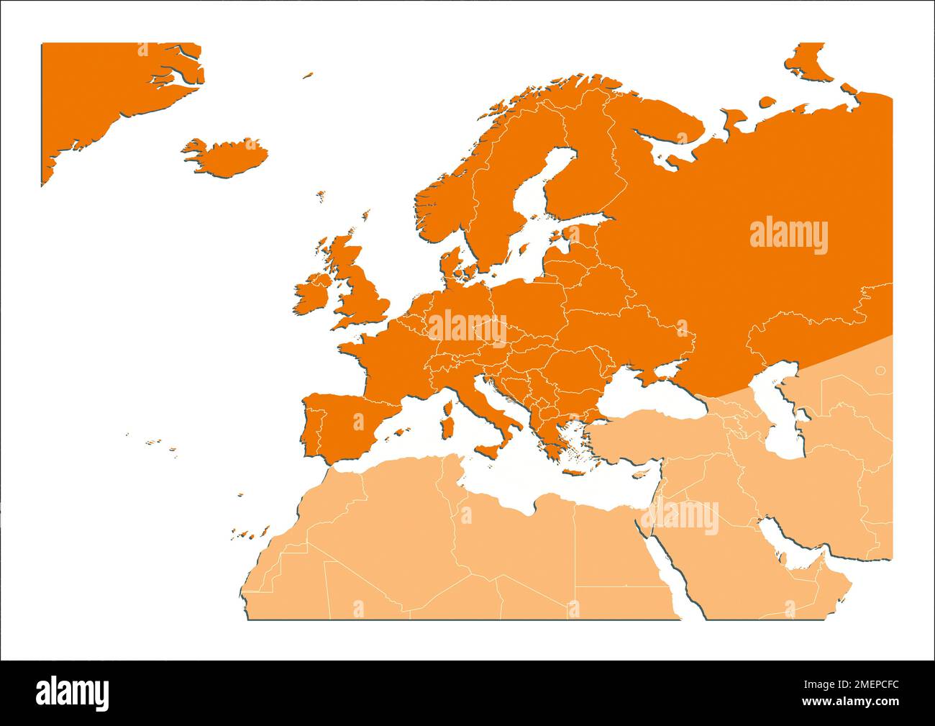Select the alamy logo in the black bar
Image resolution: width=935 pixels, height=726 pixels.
tap(73, 693)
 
